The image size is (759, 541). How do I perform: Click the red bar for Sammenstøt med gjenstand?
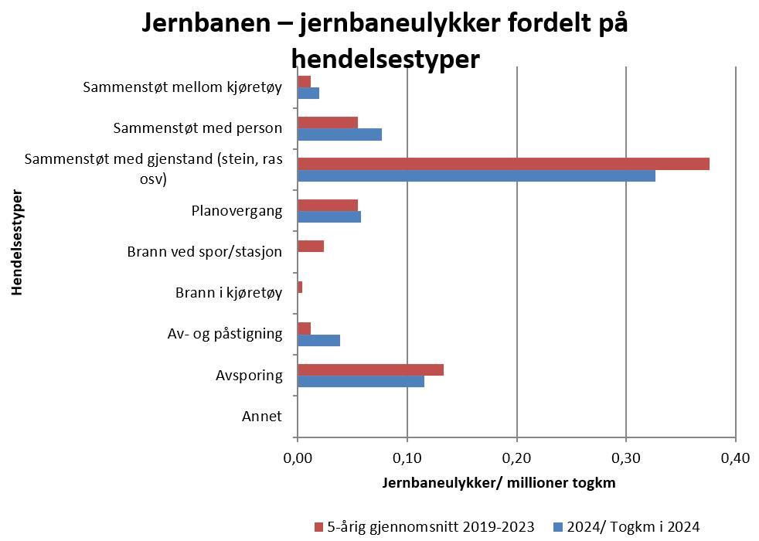pos(503,164)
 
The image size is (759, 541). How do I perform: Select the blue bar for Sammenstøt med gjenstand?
pos(476,175)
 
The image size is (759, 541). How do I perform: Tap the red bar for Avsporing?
pos(370,369)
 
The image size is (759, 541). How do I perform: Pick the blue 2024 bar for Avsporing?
pos(361,381)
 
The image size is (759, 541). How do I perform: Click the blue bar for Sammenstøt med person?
pos(339,134)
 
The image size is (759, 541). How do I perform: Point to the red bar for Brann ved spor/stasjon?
pos(311,246)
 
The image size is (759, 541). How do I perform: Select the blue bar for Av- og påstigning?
pos(318,340)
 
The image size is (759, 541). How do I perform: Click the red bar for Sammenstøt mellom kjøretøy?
pos(304,81)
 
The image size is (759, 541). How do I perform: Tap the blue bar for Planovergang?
pos(329,216)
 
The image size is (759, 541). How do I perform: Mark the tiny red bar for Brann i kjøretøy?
pos(300,287)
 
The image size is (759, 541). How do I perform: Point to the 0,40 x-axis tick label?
pos(735,458)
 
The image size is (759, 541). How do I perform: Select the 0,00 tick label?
pos(298,458)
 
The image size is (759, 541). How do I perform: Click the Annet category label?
pos(262,417)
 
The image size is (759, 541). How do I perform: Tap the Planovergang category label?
pos(237,210)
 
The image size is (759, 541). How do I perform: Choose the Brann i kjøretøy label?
pos(229,293)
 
